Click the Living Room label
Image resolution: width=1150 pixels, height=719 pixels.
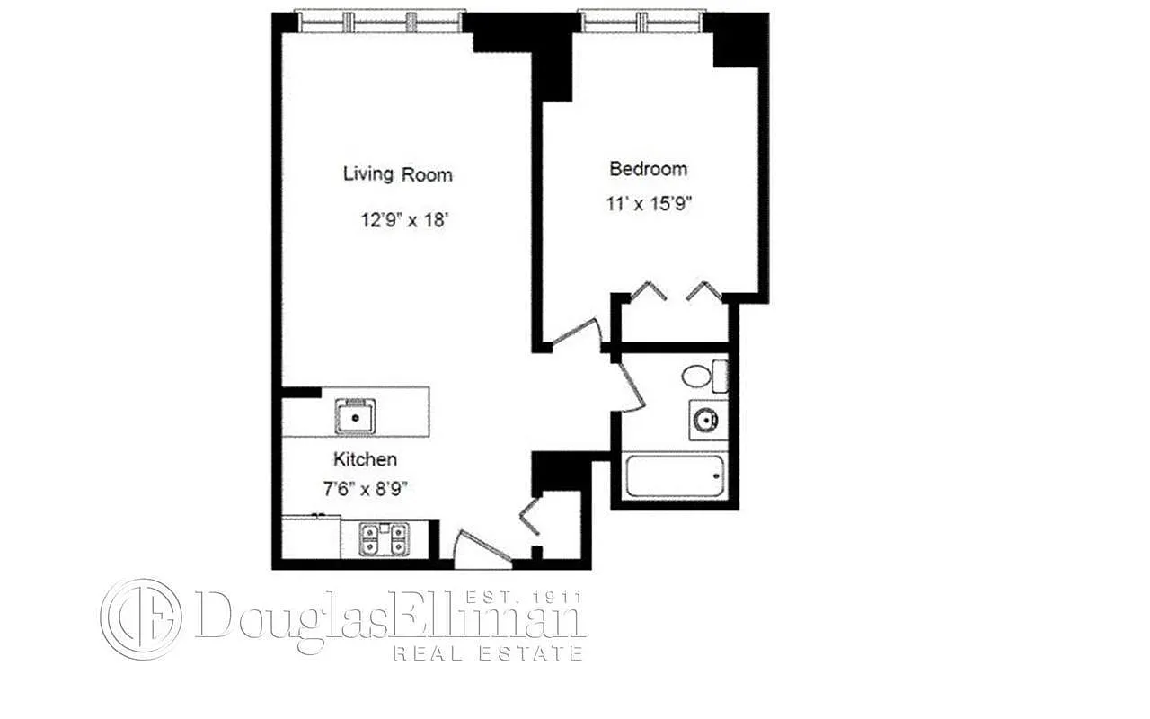click(x=397, y=174)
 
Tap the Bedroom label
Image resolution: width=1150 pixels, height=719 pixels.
click(x=648, y=168)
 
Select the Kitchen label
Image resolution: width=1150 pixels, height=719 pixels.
click(x=365, y=459)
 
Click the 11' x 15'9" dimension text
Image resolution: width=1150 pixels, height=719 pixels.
click(x=650, y=204)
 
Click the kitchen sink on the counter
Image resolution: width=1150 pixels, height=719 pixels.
click(x=356, y=416)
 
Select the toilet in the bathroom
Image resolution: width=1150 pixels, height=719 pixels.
click(x=704, y=375)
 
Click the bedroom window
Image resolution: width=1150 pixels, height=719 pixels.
click(x=642, y=21)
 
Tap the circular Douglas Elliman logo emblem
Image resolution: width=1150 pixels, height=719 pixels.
click(x=140, y=618)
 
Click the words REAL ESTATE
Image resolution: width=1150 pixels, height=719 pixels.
click(x=488, y=652)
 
